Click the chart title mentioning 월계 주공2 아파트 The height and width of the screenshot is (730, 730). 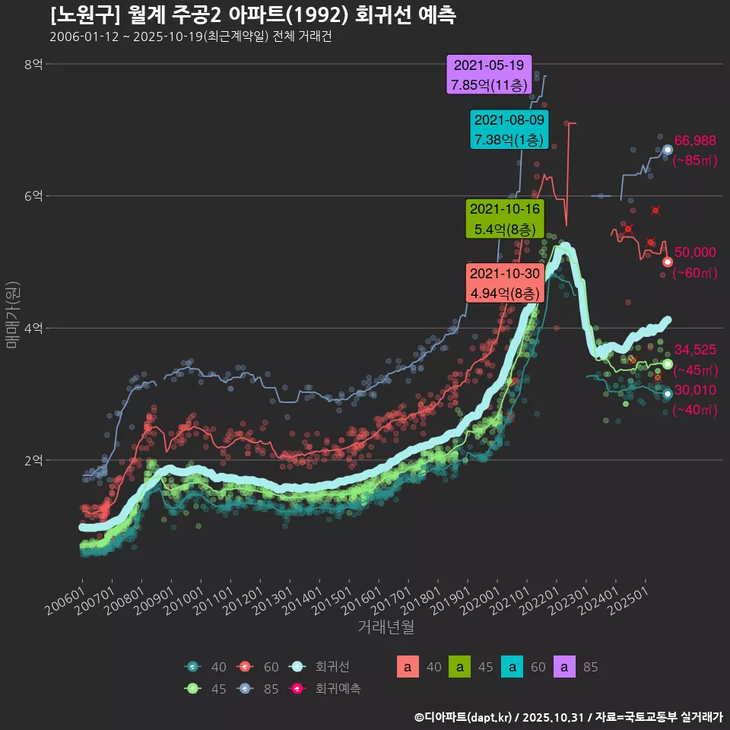click(252, 15)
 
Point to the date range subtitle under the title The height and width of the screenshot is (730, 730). click(190, 37)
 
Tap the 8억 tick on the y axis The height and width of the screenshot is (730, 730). click(33, 65)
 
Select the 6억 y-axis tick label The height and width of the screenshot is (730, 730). click(33, 196)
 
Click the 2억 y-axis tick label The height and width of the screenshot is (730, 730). click(33, 460)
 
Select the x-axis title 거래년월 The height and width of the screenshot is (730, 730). click(386, 627)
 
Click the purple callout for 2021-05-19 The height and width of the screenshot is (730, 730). click(489, 75)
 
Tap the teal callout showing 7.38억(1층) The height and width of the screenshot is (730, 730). click(509, 130)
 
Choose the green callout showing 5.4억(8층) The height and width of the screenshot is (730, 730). click(505, 219)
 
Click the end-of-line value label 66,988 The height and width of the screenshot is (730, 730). click(695, 140)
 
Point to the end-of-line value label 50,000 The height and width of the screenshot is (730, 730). click(695, 252)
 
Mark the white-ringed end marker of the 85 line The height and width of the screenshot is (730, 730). click(668, 150)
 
